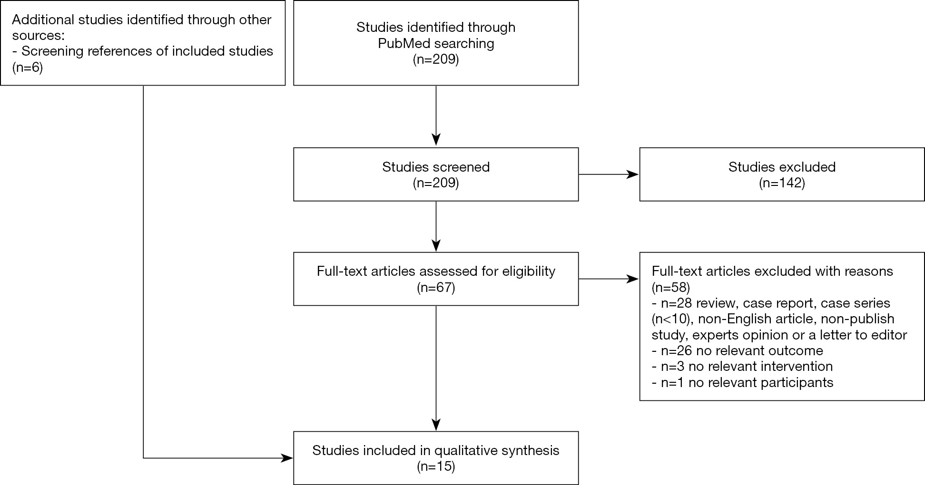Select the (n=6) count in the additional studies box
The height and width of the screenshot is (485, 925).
tap(28, 68)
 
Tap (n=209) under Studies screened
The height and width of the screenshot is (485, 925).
tap(436, 183)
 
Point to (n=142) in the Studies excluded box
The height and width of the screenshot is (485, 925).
tap(782, 183)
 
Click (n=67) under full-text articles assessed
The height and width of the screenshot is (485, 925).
tap(436, 288)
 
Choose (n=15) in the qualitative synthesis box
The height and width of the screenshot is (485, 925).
tap(436, 466)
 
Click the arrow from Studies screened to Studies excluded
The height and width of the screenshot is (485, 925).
tap(609, 175)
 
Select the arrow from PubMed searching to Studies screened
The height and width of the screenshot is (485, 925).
tap(436, 116)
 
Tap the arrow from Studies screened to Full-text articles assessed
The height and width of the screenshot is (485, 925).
tap(436, 226)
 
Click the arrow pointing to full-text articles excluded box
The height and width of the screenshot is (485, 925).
tap(609, 279)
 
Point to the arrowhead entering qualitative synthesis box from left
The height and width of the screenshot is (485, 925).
tap(287, 458)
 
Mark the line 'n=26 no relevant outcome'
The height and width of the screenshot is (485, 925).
tap(737, 351)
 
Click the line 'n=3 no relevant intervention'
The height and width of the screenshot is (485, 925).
tap(742, 367)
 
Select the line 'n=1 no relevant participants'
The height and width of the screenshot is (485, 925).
tap(742, 382)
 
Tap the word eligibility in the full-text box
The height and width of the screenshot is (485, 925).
tap(528, 271)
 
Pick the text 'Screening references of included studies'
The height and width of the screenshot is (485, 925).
tap(147, 51)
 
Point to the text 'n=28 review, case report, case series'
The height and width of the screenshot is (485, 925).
tap(775, 303)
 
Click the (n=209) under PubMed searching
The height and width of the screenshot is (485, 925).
tap(436, 60)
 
